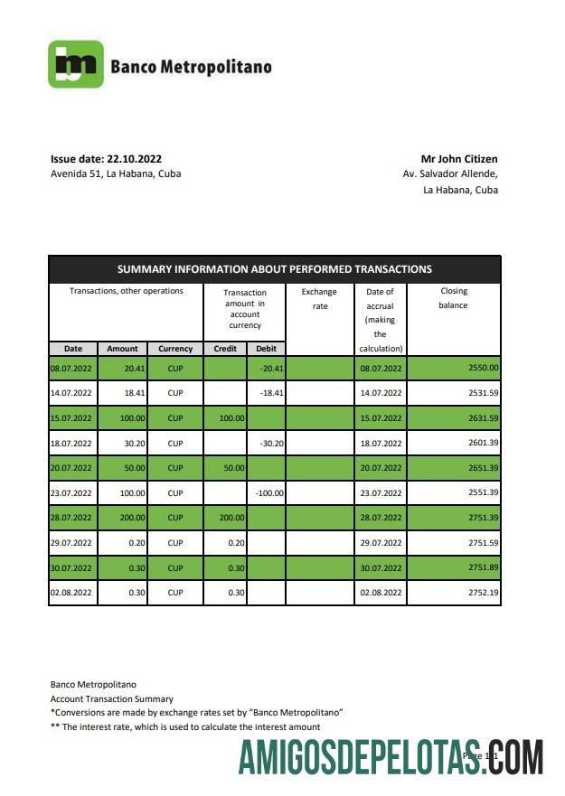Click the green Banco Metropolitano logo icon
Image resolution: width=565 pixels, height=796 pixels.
pyautogui.click(x=75, y=64)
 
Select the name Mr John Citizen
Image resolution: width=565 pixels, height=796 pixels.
pyautogui.click(x=458, y=159)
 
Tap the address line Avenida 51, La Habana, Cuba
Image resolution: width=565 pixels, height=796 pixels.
pyautogui.click(x=116, y=173)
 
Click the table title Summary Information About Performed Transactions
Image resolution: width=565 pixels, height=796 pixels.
pyautogui.click(x=274, y=269)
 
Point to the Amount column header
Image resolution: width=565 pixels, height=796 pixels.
pyautogui.click(x=122, y=349)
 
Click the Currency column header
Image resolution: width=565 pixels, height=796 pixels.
pyautogui.click(x=175, y=349)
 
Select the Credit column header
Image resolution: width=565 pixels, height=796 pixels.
pyautogui.click(x=224, y=349)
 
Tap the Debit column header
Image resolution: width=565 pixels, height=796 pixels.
pyautogui.click(x=266, y=349)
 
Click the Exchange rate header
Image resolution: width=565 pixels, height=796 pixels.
pyautogui.click(x=318, y=299)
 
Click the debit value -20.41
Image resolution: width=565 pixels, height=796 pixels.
pyautogui.click(x=271, y=369)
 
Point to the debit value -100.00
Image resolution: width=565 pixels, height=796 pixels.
pyautogui.click(x=268, y=493)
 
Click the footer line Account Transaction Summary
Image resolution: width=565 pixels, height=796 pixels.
pyautogui.click(x=111, y=699)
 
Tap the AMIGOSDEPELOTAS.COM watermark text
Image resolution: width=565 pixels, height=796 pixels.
pyautogui.click(x=391, y=757)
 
